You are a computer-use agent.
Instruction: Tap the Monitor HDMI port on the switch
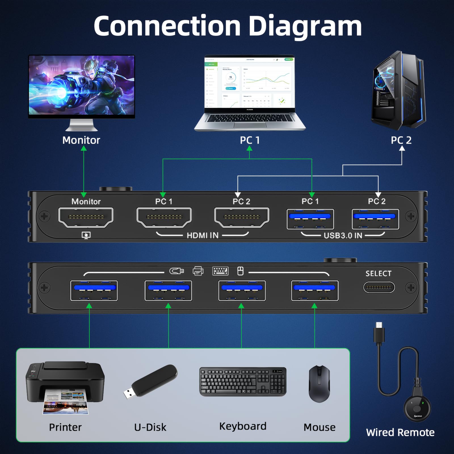[x=86, y=217]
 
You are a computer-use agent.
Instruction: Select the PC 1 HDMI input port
[x=164, y=217]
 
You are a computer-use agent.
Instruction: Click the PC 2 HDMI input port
[x=241, y=217]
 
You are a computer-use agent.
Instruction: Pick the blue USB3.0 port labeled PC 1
[x=310, y=219]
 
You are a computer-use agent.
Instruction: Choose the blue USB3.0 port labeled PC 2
[x=375, y=219]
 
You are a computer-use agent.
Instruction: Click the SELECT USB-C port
[x=379, y=287]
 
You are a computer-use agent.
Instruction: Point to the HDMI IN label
[x=202, y=235]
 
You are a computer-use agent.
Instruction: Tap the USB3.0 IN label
[x=343, y=236]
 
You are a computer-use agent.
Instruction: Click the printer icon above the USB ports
[x=198, y=271]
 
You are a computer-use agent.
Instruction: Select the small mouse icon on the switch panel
[x=240, y=271]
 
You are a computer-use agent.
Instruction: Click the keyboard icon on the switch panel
[x=220, y=271]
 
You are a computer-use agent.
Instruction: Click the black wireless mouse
[x=319, y=384]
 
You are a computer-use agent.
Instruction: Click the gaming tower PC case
[x=399, y=91]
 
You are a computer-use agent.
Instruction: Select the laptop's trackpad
[x=250, y=125]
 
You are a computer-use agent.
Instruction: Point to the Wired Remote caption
[x=400, y=432]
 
